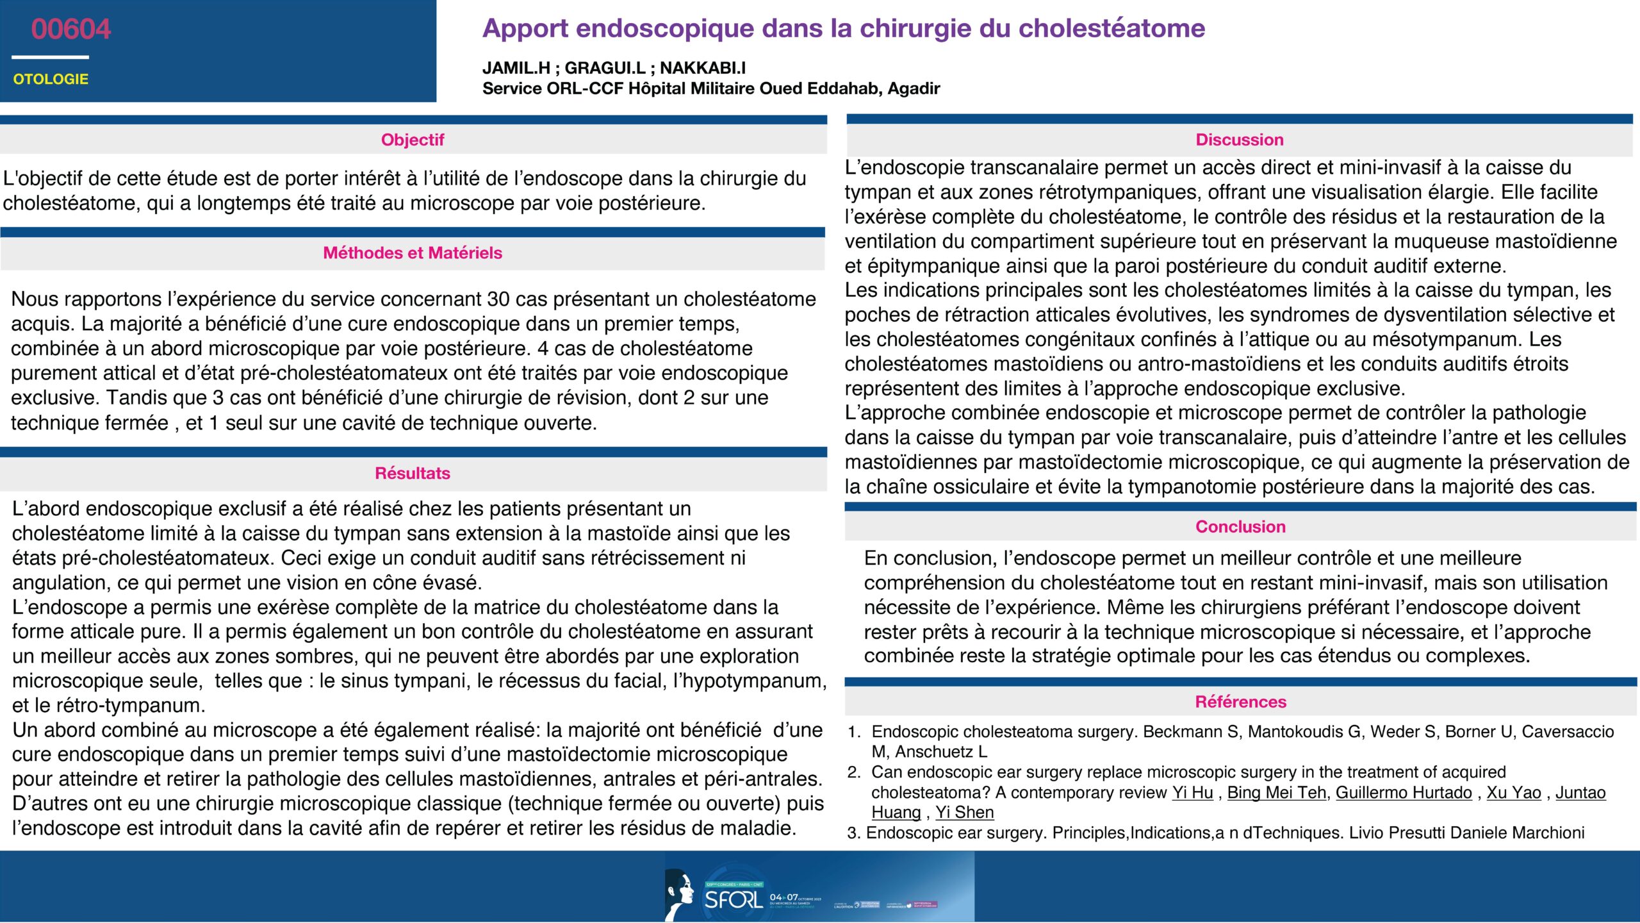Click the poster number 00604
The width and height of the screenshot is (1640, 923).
(x=70, y=29)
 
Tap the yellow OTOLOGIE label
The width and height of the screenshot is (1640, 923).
(x=51, y=79)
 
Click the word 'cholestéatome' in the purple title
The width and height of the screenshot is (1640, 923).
(x=1111, y=28)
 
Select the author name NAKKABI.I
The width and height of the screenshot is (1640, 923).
(x=703, y=68)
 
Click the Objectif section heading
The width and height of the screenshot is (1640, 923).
(x=413, y=140)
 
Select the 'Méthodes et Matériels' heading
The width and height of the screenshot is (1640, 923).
(x=413, y=253)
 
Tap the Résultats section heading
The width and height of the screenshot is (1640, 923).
(x=413, y=473)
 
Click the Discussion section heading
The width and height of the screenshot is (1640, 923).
(x=1240, y=140)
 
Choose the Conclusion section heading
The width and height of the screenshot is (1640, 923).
(x=1240, y=527)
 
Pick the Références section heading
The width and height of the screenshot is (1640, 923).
(x=1240, y=702)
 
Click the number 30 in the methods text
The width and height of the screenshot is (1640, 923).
(x=498, y=299)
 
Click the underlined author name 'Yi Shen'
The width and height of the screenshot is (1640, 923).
(x=964, y=812)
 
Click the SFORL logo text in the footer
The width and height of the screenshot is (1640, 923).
(x=734, y=899)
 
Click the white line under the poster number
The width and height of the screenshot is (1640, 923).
(x=50, y=57)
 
